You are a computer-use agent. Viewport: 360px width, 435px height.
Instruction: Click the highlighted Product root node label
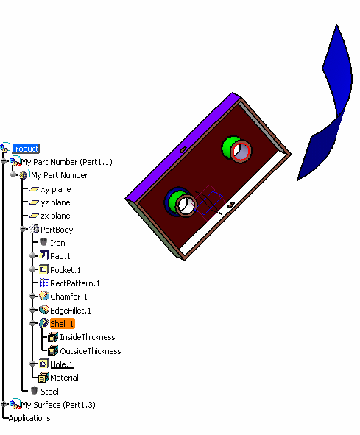tap(25, 149)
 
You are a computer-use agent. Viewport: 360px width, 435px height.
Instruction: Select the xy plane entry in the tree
tap(56, 189)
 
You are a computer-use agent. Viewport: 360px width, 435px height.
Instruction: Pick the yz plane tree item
tap(55, 202)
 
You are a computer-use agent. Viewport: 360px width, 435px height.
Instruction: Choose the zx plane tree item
tap(55, 216)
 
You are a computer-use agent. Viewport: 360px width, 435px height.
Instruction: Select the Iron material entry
tap(57, 243)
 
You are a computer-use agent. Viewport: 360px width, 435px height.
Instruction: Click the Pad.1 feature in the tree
tap(60, 256)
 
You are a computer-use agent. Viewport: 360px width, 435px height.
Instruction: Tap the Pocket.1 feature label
tap(66, 270)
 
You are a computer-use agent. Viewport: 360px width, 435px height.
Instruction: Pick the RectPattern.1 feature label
tap(75, 283)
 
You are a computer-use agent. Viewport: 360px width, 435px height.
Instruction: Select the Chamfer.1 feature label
tap(69, 297)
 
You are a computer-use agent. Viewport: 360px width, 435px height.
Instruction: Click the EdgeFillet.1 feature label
tap(71, 311)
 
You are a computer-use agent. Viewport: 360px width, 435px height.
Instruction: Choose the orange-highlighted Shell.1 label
tap(63, 323)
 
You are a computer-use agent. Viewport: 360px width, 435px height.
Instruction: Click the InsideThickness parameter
tap(88, 337)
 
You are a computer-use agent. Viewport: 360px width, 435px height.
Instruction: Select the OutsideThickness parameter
tap(91, 351)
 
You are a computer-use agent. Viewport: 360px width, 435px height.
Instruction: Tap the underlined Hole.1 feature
tap(62, 364)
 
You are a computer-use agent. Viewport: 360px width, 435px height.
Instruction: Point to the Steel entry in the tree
tap(49, 392)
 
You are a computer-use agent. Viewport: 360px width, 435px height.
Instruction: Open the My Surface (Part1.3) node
tap(58, 405)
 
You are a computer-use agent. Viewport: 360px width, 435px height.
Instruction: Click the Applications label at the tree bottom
tap(29, 418)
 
